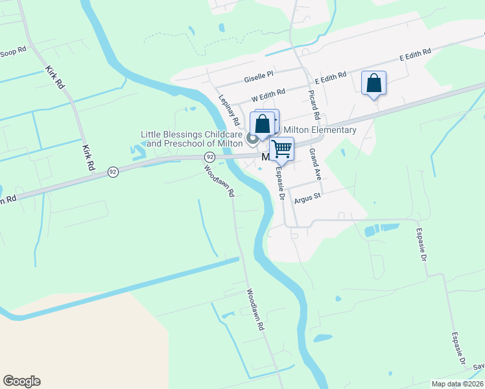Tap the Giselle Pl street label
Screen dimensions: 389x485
point(259,77)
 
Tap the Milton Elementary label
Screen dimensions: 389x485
point(320,130)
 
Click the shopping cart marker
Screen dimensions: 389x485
point(281,148)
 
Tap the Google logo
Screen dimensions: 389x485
point(21,381)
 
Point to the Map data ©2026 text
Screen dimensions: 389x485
point(458,384)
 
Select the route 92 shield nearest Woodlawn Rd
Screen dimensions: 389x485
point(209,157)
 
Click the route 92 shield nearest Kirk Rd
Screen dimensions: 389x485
point(113,172)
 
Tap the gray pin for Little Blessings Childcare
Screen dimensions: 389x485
point(252,137)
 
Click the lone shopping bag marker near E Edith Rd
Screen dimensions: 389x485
point(373,83)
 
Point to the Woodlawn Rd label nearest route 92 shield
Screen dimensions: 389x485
point(219,182)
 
